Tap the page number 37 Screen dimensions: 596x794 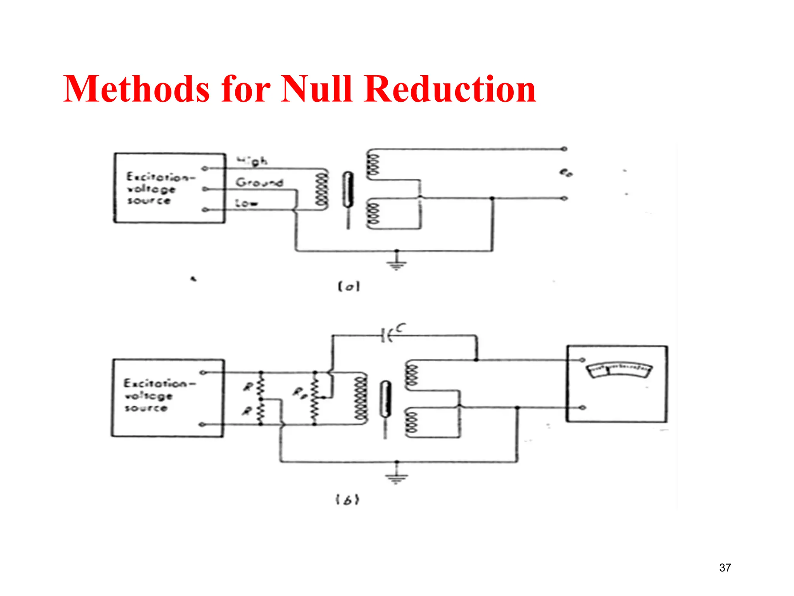(725, 568)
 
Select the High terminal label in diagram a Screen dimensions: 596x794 (252, 160)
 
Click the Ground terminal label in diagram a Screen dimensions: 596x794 (259, 182)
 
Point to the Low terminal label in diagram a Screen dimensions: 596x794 (247, 203)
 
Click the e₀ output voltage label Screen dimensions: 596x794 (566, 172)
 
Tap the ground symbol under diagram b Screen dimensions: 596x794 (396, 478)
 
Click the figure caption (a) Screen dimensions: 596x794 (349, 287)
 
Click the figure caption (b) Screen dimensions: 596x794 (347, 499)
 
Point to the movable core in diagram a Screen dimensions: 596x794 (348, 190)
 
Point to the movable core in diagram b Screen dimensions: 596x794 (385, 399)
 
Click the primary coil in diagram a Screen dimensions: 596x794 (322, 190)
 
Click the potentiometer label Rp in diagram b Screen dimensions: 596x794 (300, 392)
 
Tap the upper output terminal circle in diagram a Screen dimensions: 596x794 (564, 149)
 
